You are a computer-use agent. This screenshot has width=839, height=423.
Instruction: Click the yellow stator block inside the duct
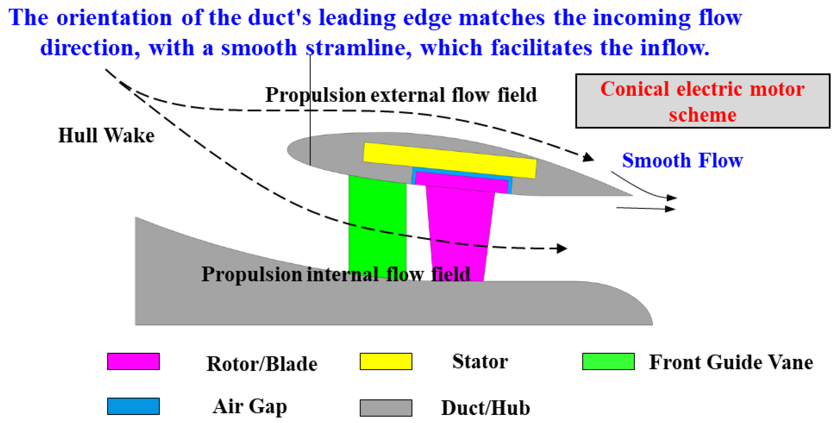(450, 160)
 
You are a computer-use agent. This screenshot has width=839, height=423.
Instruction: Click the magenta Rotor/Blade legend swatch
(134, 361)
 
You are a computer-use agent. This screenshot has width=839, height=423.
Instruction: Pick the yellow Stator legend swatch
(386, 361)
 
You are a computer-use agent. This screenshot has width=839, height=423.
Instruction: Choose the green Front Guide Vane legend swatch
(608, 361)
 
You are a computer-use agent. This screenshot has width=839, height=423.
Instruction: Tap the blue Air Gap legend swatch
(134, 406)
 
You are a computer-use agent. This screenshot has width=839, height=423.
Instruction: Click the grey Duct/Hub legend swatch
(386, 408)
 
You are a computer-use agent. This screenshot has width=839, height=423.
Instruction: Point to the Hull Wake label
(106, 135)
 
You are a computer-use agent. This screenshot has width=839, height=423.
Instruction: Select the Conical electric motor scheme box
(703, 101)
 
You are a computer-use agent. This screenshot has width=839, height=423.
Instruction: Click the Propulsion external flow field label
(401, 95)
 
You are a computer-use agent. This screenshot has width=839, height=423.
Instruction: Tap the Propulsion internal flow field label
(336, 274)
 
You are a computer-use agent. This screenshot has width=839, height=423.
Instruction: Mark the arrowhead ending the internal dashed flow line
(562, 248)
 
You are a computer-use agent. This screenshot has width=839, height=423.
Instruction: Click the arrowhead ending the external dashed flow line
(588, 158)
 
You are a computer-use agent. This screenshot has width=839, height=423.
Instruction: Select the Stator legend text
(480, 361)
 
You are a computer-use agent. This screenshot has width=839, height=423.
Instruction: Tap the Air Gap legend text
(250, 407)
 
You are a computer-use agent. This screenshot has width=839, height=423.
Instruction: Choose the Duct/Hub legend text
(485, 408)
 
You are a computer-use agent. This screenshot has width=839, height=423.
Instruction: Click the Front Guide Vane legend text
(731, 362)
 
